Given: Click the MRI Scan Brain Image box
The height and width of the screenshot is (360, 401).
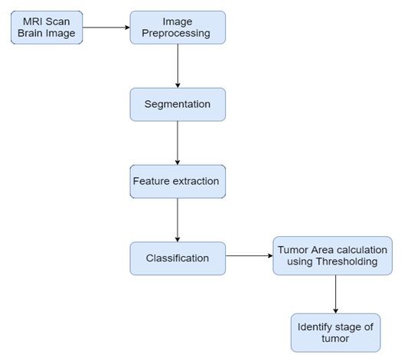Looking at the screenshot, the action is [x=47, y=28].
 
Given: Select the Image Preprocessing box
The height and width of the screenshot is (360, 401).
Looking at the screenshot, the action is [x=178, y=28].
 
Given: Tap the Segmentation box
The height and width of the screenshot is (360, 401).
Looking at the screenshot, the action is [x=178, y=104].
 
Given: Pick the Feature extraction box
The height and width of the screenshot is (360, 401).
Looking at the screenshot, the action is [x=178, y=181].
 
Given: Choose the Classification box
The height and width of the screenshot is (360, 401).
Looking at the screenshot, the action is [x=178, y=258].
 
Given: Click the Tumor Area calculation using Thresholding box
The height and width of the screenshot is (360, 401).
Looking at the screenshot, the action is [x=332, y=256].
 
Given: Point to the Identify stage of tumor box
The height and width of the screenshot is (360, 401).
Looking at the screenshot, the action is [x=335, y=332].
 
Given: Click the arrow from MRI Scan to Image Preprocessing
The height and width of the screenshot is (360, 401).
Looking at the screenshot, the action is [x=106, y=28].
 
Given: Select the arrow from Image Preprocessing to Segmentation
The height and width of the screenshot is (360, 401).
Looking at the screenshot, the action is [x=178, y=66].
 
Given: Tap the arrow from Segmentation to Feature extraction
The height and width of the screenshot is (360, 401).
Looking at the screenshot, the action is [x=178, y=143].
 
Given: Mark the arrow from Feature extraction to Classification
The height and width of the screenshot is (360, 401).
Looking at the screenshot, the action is [x=178, y=220].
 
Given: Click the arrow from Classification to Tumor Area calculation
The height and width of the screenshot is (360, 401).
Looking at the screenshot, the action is [x=249, y=255].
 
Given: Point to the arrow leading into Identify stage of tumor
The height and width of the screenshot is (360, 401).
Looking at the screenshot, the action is [x=335, y=294].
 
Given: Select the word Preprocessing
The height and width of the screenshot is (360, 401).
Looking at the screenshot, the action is [x=176, y=34].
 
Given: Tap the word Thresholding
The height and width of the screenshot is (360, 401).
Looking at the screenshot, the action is [x=347, y=261].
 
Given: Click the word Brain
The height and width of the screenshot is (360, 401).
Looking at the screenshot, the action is [x=28, y=33].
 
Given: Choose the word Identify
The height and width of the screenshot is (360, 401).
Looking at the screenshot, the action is [x=315, y=327].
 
